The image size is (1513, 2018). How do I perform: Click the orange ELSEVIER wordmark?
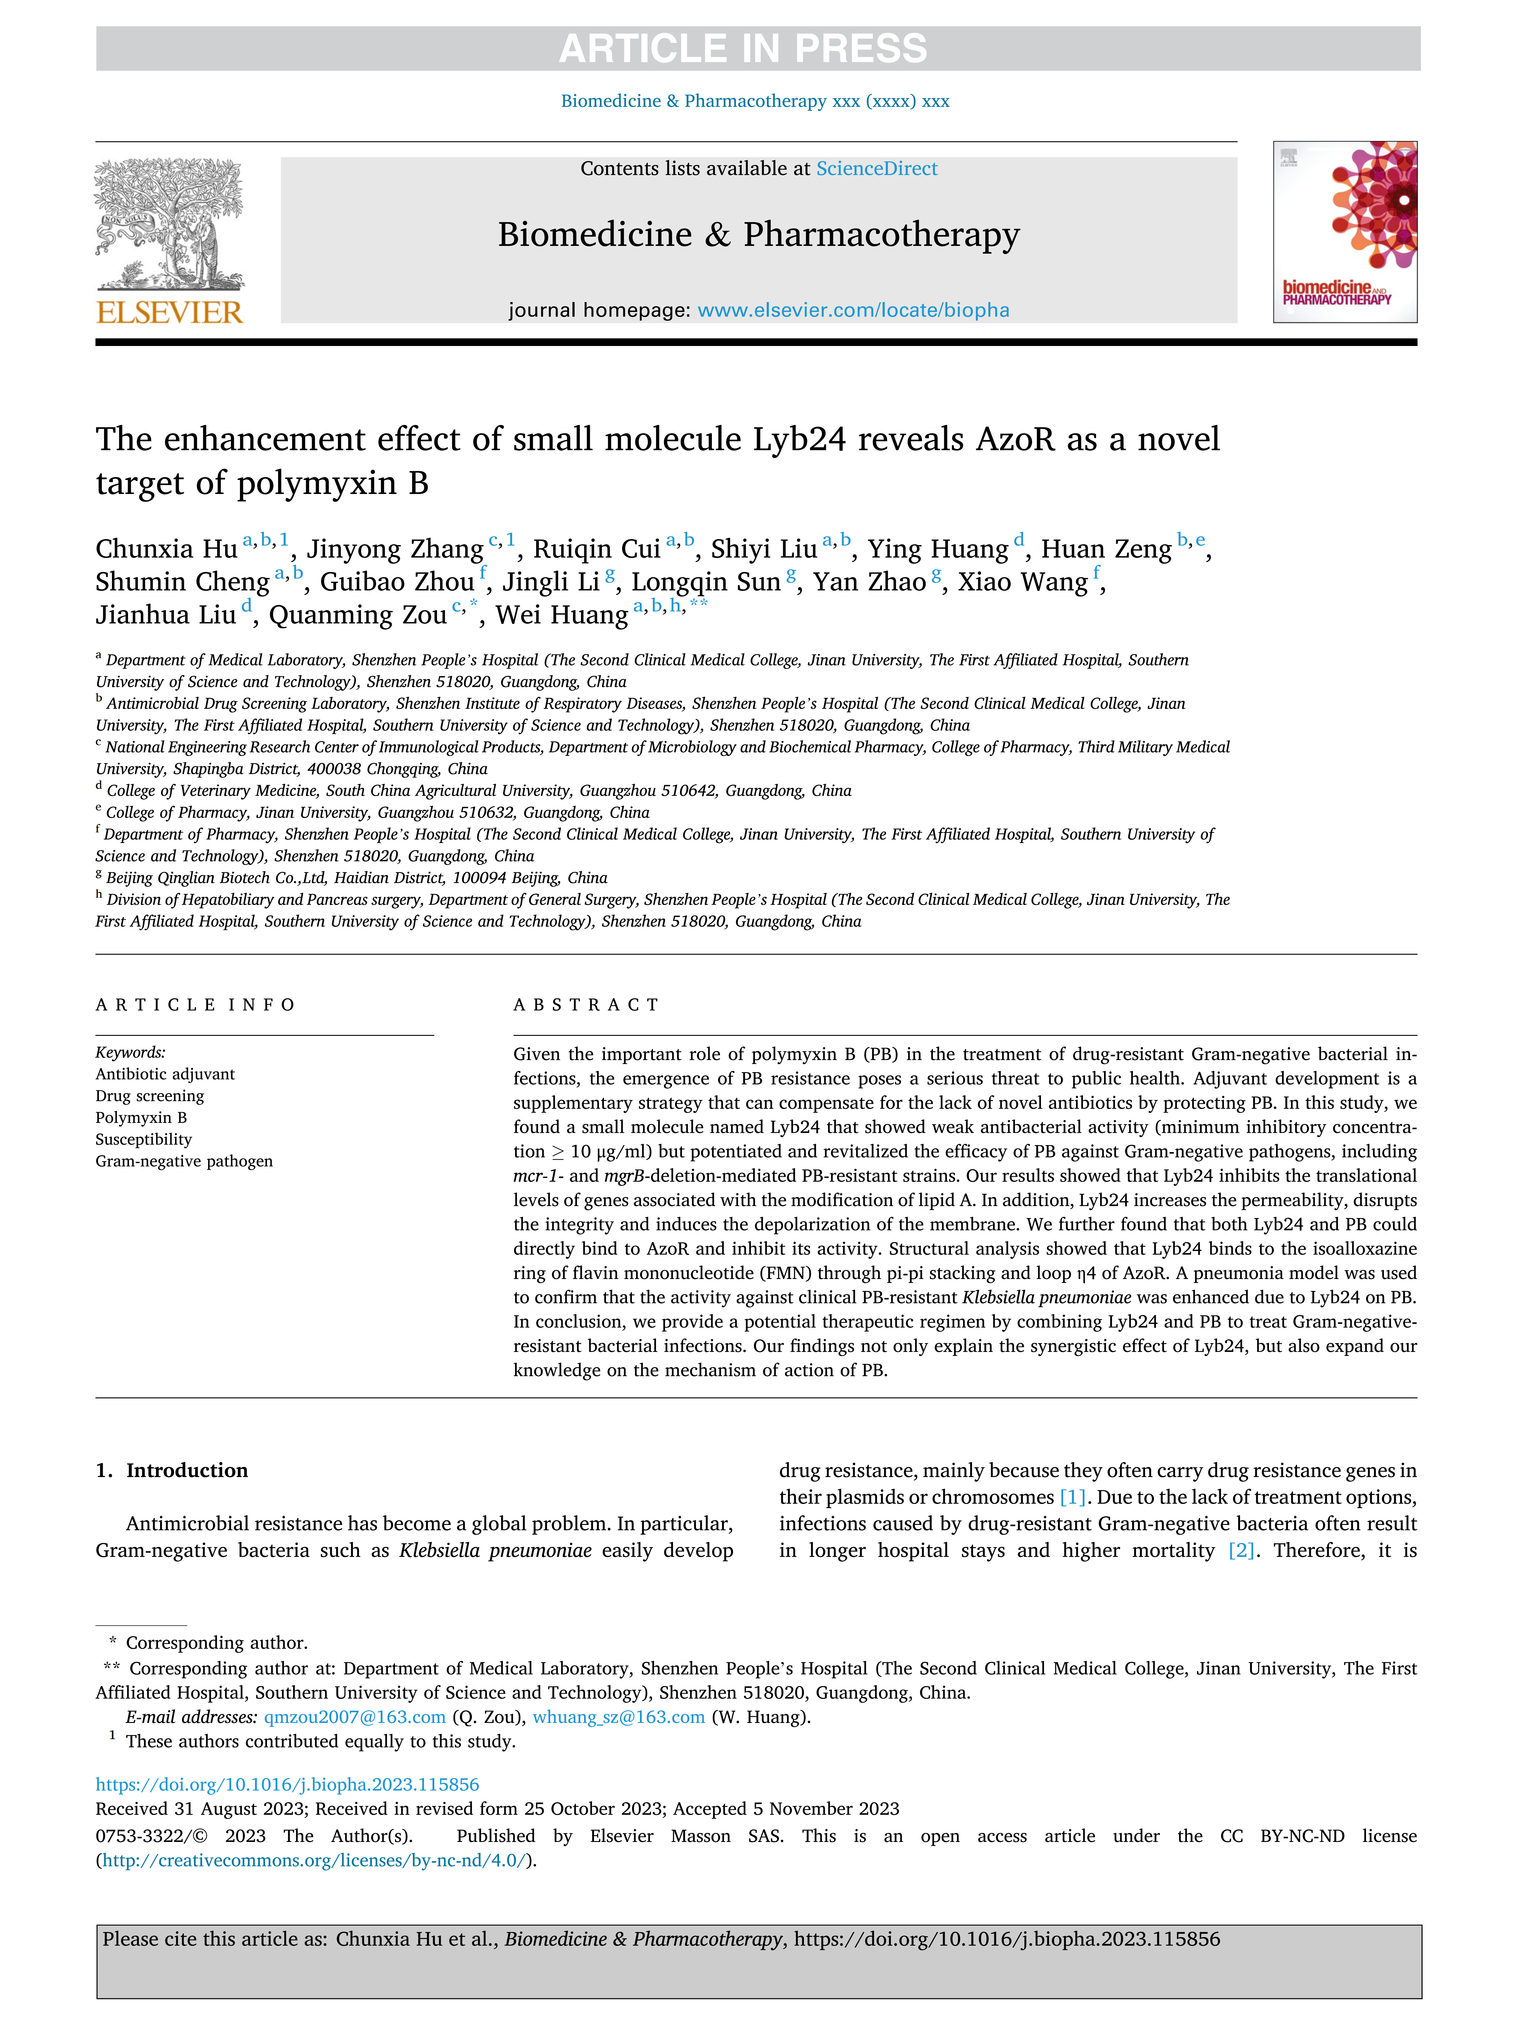click(170, 313)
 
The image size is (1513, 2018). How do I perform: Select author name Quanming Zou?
click(357, 615)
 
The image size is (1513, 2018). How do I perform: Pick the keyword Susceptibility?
click(144, 1140)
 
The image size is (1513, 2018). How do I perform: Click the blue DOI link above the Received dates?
click(287, 1785)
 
